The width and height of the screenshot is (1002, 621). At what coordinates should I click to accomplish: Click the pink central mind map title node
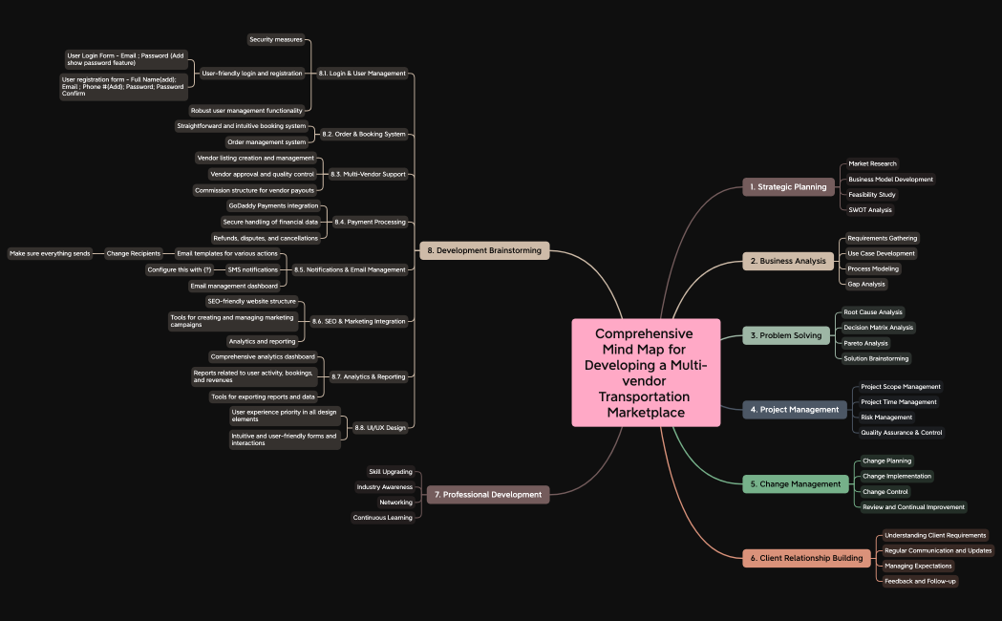646,373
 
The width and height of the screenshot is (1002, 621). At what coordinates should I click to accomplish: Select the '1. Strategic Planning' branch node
788,187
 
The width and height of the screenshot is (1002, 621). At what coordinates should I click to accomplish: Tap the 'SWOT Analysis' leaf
869,210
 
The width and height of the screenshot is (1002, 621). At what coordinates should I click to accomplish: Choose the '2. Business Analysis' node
788,261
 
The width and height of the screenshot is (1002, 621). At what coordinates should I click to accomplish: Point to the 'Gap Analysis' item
865,284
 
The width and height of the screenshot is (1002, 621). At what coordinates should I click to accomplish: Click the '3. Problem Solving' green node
786,335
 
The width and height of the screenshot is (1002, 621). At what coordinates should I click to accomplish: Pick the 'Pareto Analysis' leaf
865,343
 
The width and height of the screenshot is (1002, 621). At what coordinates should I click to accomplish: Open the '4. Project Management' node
794,410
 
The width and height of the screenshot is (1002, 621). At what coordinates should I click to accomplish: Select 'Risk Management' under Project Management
886,418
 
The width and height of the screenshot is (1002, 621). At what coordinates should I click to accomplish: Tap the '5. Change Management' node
796,484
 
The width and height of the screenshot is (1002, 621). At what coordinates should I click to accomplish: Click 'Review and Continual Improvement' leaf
913,507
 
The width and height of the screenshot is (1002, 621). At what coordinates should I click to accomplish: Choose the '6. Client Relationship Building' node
806,558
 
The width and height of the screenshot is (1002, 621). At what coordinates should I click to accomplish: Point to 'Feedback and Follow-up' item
920,581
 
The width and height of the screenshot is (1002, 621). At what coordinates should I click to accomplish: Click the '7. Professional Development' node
488,495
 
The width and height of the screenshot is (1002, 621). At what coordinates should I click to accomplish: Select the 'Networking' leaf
395,503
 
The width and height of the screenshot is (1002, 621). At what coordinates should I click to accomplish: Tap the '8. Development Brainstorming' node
484,250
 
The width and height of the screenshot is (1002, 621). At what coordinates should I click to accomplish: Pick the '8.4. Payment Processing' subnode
370,223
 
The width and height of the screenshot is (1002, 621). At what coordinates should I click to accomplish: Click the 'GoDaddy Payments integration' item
273,205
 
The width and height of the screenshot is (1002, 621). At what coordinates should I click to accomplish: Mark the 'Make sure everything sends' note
50,254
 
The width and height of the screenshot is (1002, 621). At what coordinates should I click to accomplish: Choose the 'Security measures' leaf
275,39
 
